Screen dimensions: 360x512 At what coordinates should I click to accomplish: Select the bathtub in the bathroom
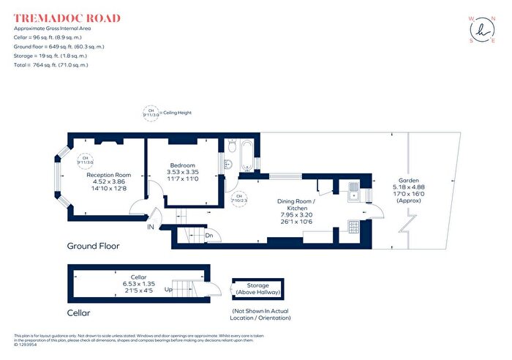coord(246,153)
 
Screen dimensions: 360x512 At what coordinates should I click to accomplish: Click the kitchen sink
coord(353,192)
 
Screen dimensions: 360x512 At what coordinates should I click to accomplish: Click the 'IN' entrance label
coord(151,228)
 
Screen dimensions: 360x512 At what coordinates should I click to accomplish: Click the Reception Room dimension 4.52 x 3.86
coord(108,182)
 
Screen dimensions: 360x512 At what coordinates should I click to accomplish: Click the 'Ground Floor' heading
coord(93,246)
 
